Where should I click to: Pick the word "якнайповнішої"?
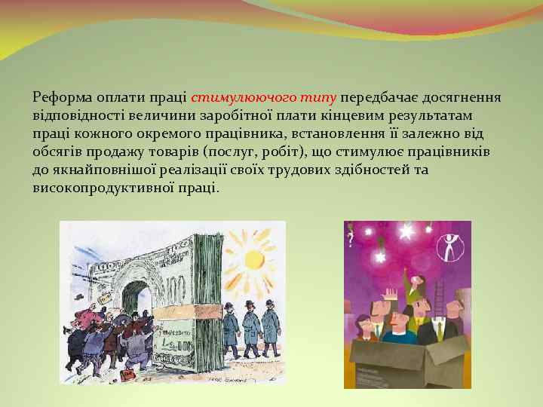95,170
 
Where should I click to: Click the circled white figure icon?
452,246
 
